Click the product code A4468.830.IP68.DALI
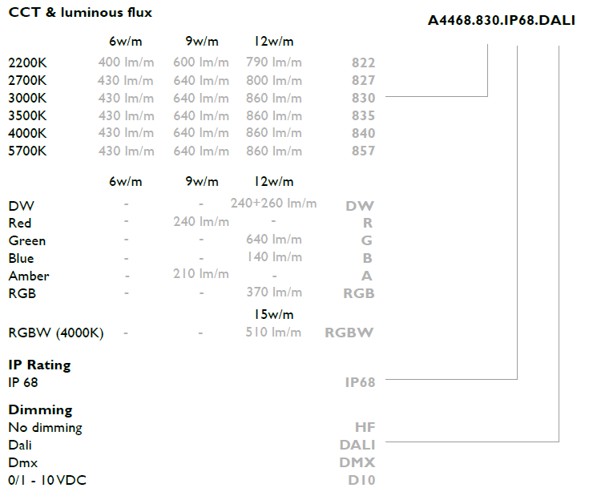click(501, 20)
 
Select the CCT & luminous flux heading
click(80, 12)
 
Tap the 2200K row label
click(27, 63)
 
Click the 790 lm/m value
click(274, 62)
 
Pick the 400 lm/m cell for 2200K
click(127, 62)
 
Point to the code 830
click(363, 98)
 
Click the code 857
click(363, 151)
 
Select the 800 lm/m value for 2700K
click(274, 80)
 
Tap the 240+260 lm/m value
click(273, 204)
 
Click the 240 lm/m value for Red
click(201, 221)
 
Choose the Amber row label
click(29, 276)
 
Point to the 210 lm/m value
click(201, 274)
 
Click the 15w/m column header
click(274, 314)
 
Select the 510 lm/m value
click(273, 332)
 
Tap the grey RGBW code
click(349, 333)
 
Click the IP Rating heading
click(39, 365)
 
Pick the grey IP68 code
click(361, 382)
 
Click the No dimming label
click(45, 427)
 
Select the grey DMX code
click(357, 462)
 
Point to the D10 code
click(361, 480)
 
